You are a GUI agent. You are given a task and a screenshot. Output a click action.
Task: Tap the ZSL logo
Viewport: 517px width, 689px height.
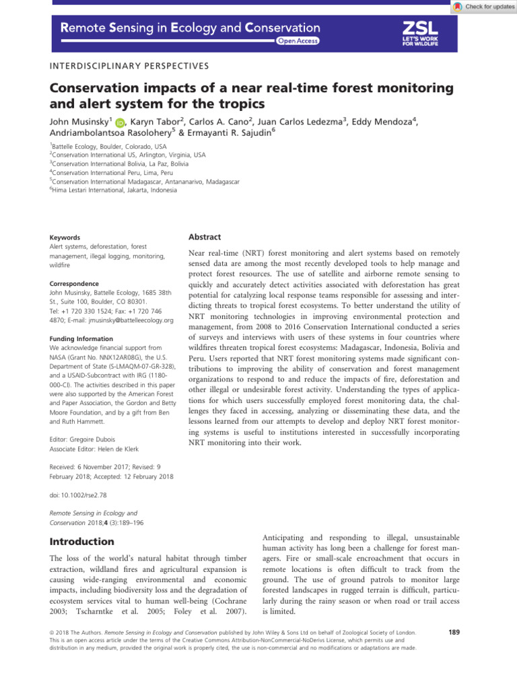420,33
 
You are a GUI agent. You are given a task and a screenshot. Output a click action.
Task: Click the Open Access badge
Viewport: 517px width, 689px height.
297,41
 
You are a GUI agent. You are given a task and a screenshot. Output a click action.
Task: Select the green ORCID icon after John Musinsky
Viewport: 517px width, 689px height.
120,122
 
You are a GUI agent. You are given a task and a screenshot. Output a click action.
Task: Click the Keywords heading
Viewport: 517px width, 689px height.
65,238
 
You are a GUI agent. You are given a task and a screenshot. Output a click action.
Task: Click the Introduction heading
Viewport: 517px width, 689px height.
83,542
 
